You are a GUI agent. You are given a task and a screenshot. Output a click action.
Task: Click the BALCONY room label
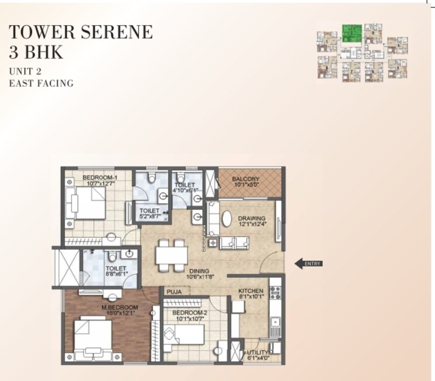[246, 178]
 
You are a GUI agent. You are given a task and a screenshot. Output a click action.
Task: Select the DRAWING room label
[252, 219]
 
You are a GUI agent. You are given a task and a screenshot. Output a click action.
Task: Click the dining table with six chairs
[171, 256]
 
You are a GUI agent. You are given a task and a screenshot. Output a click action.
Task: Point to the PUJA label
[174, 291]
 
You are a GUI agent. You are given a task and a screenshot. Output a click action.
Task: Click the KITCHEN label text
[251, 290]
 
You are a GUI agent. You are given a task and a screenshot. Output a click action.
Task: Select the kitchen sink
[274, 322]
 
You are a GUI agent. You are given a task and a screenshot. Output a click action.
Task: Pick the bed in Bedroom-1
[84, 205]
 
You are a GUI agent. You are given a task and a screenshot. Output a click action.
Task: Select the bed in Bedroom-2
[186, 335]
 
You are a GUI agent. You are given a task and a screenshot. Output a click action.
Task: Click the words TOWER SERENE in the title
[81, 32]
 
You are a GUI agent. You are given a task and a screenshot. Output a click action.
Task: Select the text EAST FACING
[41, 83]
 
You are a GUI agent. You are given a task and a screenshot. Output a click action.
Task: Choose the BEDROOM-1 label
[100, 178]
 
